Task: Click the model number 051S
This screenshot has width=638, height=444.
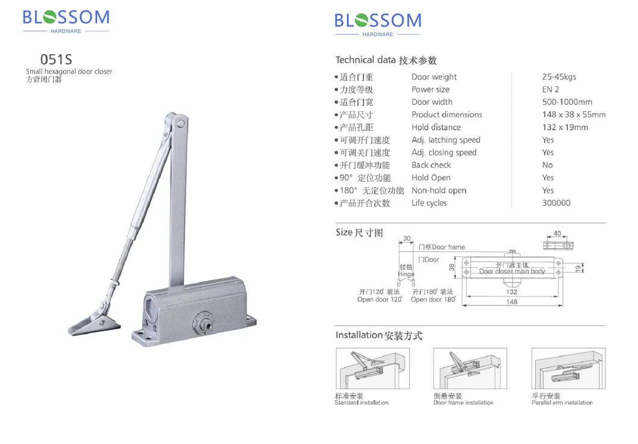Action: [56, 60]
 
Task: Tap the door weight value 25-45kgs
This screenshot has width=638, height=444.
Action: [559, 77]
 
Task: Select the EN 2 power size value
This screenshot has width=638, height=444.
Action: [551, 90]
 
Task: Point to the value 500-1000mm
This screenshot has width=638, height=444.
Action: [567, 102]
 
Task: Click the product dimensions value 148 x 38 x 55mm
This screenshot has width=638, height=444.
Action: [574, 115]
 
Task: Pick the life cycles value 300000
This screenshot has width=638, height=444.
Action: [556, 203]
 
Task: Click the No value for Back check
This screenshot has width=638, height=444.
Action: [547, 165]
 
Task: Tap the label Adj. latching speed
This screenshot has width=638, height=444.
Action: [446, 140]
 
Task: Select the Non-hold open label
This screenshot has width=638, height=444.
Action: [439, 190]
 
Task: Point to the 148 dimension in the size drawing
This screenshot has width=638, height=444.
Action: [511, 302]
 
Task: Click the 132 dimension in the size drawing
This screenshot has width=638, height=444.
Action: [511, 292]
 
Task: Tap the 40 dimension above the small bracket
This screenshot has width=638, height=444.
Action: [557, 234]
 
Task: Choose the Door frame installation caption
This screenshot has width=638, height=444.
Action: [463, 402]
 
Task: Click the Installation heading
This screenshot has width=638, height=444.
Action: [379, 335]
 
